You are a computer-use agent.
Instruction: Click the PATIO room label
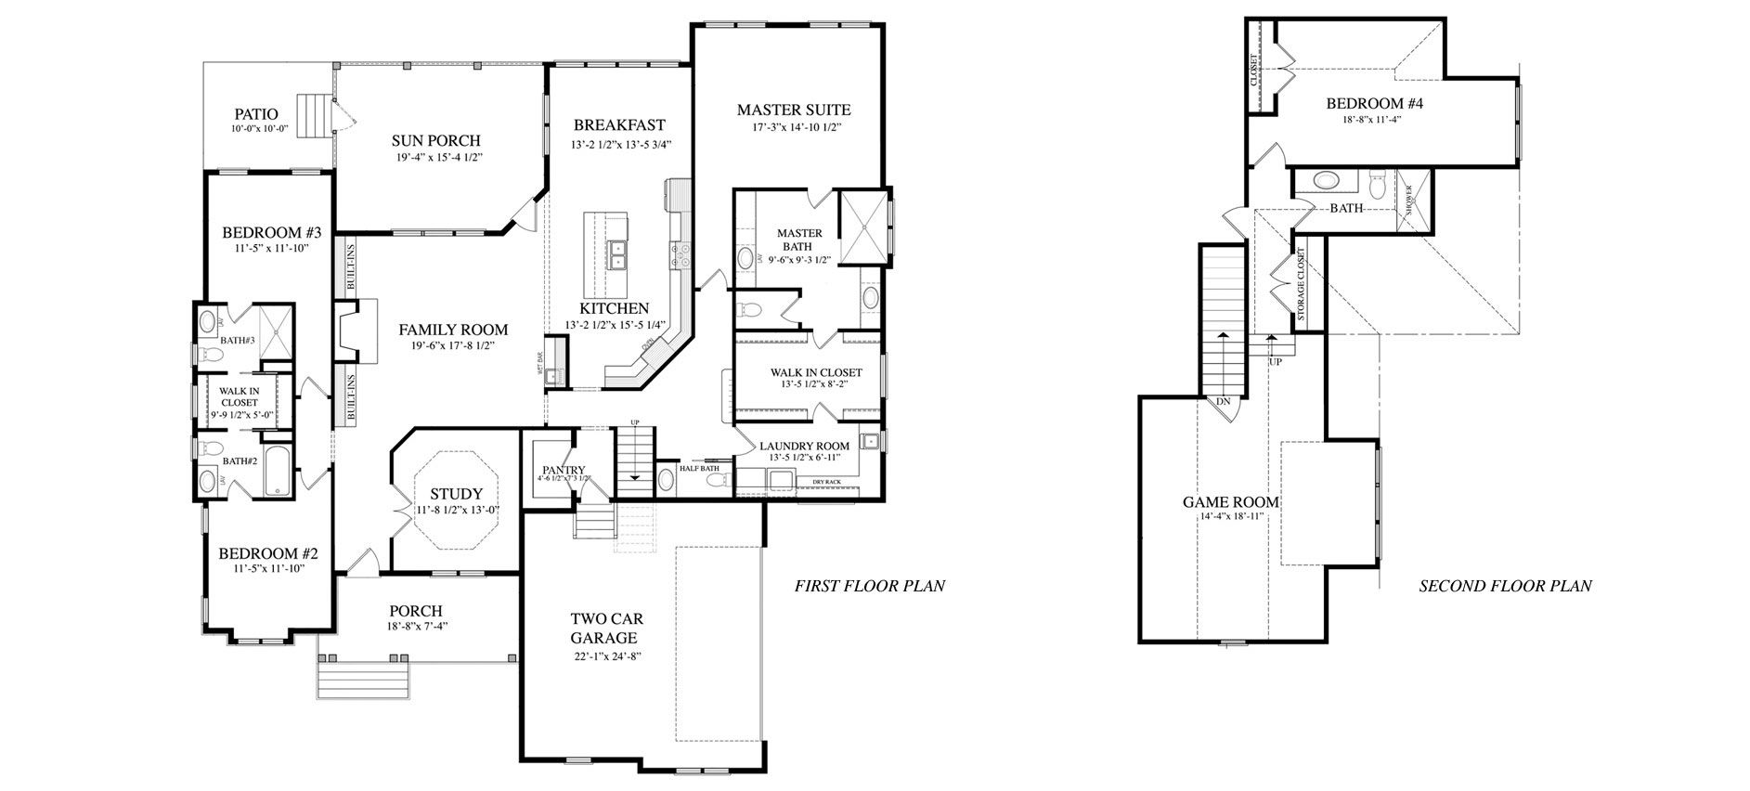tap(255, 114)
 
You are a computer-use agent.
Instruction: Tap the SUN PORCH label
tap(435, 140)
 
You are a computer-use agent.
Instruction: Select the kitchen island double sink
tap(616, 253)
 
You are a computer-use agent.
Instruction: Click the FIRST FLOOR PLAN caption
tap(869, 586)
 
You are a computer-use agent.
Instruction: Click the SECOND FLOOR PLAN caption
tap(1505, 586)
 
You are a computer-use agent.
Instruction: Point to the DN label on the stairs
tap(1223, 402)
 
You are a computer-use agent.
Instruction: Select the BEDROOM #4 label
tap(1374, 103)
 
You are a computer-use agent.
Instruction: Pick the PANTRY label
tap(563, 470)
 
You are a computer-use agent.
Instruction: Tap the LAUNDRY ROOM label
tap(804, 446)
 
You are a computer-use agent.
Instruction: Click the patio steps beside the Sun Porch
tap(313, 116)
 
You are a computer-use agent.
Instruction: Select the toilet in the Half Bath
tap(667, 480)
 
